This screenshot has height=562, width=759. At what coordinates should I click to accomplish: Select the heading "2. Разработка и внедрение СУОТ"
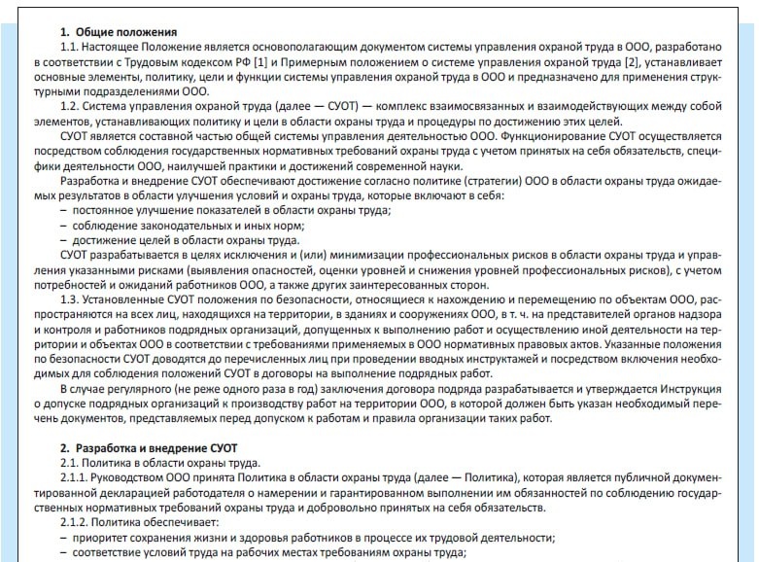pyautogui.click(x=151, y=447)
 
